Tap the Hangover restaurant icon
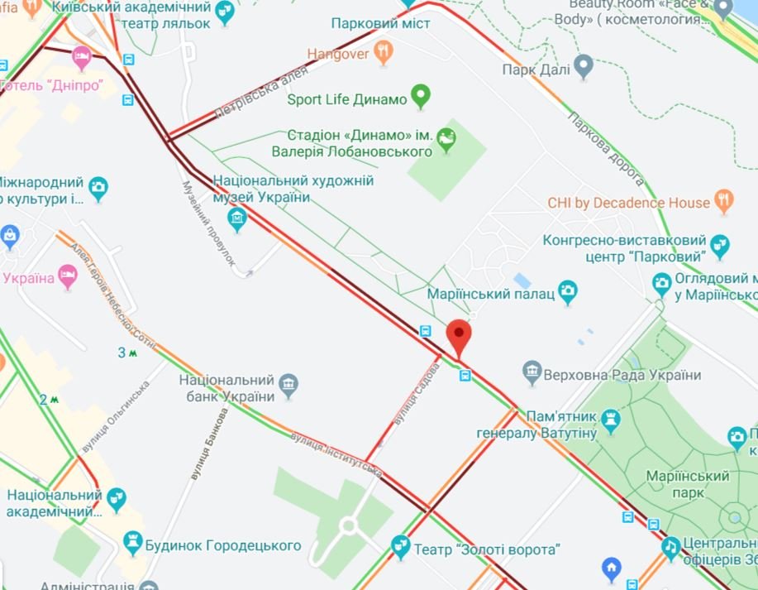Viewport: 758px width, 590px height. pos(383,54)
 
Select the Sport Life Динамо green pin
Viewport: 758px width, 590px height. pos(421,98)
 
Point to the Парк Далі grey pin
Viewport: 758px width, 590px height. pos(584,65)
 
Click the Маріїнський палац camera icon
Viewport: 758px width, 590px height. pos(567,290)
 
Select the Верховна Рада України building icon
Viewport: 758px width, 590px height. pos(532,374)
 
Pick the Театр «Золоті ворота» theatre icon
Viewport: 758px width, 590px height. pos(401,546)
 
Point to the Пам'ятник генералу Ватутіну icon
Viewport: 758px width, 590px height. pos(612,420)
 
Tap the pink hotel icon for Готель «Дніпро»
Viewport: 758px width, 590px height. pos(82,58)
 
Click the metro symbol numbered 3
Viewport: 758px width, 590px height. pos(126,353)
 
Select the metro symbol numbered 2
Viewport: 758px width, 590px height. pos(49,399)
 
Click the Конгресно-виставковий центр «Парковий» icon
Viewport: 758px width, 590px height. pos(720,246)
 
